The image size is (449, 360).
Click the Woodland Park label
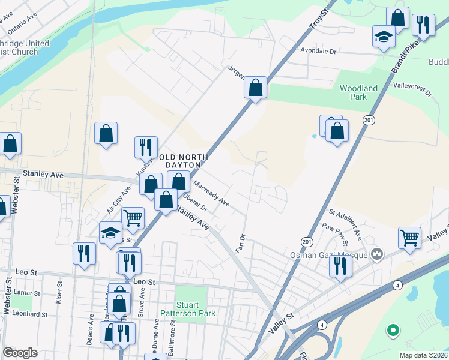pyautogui.click(x=358, y=92)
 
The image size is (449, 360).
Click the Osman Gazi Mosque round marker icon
pyautogui.click(x=377, y=253)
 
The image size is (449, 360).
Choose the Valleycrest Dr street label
pyautogui.click(x=412, y=89)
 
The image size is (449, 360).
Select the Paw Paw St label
pyautogui.click(x=335, y=234)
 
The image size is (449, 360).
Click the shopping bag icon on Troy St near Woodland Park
pyautogui.click(x=256, y=88)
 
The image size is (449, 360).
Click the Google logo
pyautogui.click(x=20, y=353)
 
